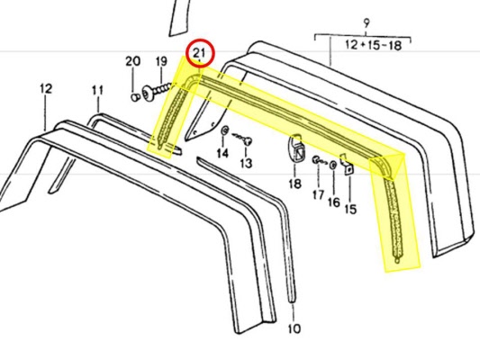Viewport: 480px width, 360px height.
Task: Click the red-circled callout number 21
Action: (x=199, y=52)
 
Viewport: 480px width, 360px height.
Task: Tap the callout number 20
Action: (x=133, y=61)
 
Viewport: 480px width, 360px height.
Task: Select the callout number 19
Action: (x=161, y=61)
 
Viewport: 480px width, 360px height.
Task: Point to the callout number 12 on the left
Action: (x=46, y=89)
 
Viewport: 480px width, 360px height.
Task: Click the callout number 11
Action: (x=97, y=91)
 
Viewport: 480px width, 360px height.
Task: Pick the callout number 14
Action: (x=222, y=153)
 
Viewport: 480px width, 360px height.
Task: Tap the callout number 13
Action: (x=246, y=163)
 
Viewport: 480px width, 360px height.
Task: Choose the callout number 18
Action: (x=294, y=184)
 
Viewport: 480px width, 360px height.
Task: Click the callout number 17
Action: (x=319, y=194)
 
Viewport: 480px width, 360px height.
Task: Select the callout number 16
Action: (x=334, y=202)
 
